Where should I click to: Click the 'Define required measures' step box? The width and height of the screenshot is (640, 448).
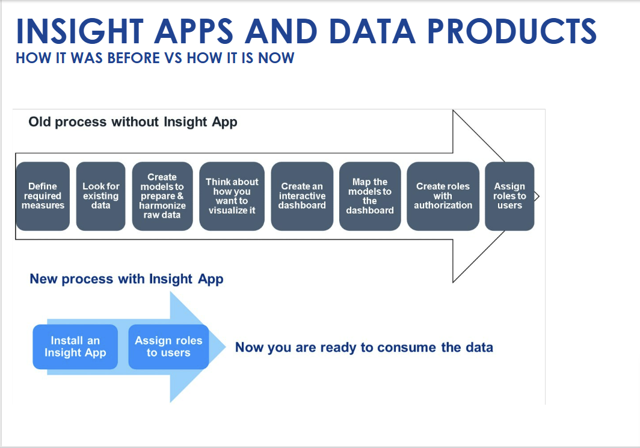[43, 196]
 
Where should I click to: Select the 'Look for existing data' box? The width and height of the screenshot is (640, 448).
[101, 196]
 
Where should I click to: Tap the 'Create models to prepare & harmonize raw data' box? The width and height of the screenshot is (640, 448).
[162, 196]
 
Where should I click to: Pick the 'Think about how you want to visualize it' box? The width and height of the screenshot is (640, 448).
[232, 196]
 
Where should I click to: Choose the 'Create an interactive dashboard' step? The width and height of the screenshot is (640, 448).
[302, 196]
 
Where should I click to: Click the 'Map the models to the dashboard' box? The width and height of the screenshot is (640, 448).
[370, 196]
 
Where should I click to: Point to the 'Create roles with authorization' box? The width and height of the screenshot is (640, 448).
[443, 196]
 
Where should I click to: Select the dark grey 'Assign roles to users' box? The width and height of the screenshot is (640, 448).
[509, 196]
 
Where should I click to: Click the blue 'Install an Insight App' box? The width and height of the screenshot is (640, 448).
[75, 347]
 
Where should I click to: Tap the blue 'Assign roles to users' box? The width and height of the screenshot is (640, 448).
[168, 347]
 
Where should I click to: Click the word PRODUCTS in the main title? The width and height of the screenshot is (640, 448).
[512, 31]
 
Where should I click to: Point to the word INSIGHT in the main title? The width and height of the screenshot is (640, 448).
[79, 31]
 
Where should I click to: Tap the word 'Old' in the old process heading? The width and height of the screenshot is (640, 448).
[40, 121]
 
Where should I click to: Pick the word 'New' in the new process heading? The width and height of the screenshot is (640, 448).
[44, 278]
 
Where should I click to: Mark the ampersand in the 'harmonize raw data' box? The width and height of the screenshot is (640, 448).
[180, 196]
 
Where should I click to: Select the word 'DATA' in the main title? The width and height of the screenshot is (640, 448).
[372, 31]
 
